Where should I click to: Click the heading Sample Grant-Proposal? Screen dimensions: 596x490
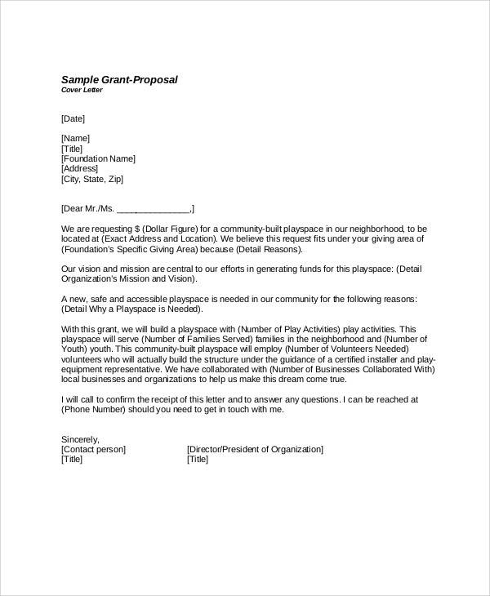point(119,79)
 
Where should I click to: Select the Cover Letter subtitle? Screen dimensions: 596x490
point(82,90)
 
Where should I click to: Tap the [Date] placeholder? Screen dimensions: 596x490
point(73,118)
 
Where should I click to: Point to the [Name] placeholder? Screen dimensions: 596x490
point(75,138)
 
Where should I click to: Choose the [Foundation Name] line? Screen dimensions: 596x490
point(98,158)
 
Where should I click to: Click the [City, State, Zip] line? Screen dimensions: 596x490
point(92,179)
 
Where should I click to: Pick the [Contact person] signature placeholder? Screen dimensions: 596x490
point(93,449)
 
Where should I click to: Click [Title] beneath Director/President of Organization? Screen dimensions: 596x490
point(198,460)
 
